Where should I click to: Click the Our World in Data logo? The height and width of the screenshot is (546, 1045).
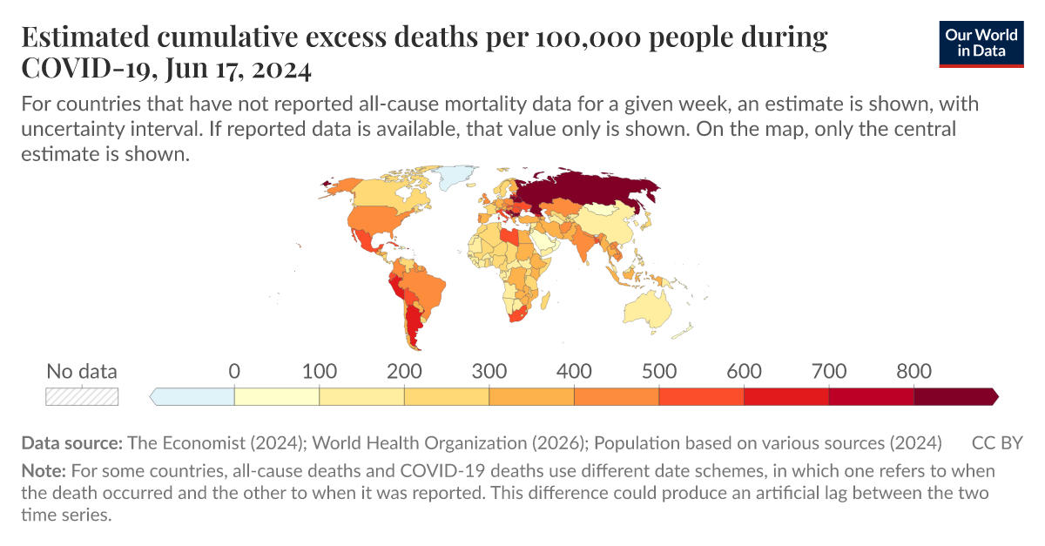(x=981, y=43)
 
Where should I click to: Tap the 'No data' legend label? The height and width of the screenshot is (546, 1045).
(x=81, y=372)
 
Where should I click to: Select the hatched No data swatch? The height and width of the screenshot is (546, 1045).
(x=82, y=397)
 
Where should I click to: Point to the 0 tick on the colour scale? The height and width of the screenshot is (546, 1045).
(x=234, y=372)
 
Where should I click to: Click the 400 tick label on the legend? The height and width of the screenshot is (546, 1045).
(x=574, y=372)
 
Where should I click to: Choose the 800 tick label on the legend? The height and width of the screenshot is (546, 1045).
(x=914, y=372)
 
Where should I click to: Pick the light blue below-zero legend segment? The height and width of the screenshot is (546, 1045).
(x=193, y=397)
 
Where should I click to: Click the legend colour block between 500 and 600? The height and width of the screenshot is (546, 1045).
(x=701, y=397)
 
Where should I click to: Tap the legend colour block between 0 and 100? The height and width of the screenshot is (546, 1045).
(x=277, y=397)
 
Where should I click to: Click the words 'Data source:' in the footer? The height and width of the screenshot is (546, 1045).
(x=72, y=442)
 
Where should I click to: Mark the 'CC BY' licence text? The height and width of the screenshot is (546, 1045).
(x=997, y=442)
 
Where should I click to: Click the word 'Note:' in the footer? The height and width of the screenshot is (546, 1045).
(x=44, y=471)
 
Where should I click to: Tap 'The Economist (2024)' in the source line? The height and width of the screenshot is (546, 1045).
(x=215, y=442)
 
